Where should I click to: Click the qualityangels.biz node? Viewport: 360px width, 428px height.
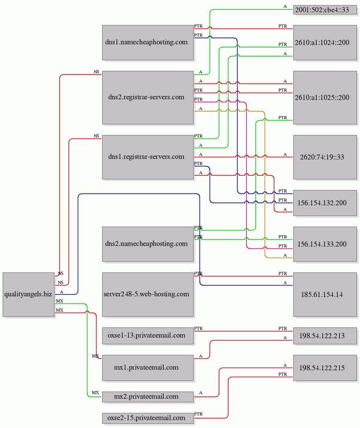(x=29, y=294)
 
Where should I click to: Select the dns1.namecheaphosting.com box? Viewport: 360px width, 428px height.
(x=148, y=43)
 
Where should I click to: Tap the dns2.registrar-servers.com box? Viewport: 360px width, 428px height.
(x=148, y=98)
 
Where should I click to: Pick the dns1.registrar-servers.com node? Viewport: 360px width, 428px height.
(x=148, y=157)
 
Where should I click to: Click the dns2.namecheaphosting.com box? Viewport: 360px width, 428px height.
(x=148, y=244)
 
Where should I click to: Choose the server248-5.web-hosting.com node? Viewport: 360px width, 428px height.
(x=148, y=294)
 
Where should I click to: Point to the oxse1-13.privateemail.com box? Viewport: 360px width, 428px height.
(x=148, y=335)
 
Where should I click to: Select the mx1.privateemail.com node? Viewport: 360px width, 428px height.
(x=148, y=368)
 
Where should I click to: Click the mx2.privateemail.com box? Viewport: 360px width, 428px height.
(x=148, y=396)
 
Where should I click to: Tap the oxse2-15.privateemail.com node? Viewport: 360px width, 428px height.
(x=148, y=418)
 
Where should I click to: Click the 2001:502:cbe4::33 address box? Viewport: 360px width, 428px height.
(x=325, y=10)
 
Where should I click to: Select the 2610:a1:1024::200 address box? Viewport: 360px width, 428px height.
(x=325, y=43)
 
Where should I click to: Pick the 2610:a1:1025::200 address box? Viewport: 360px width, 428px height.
(x=325, y=98)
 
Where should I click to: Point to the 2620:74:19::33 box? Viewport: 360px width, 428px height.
(x=325, y=157)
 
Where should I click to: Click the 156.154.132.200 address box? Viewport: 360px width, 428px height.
(x=325, y=203)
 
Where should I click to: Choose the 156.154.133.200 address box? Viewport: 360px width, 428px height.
(x=325, y=244)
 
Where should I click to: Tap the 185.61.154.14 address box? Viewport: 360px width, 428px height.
(x=325, y=294)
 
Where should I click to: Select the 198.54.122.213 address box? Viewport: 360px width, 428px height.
(x=325, y=335)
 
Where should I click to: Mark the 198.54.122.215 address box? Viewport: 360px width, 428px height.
(x=325, y=368)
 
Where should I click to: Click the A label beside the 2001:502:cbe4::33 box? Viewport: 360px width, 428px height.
(x=285, y=7)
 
